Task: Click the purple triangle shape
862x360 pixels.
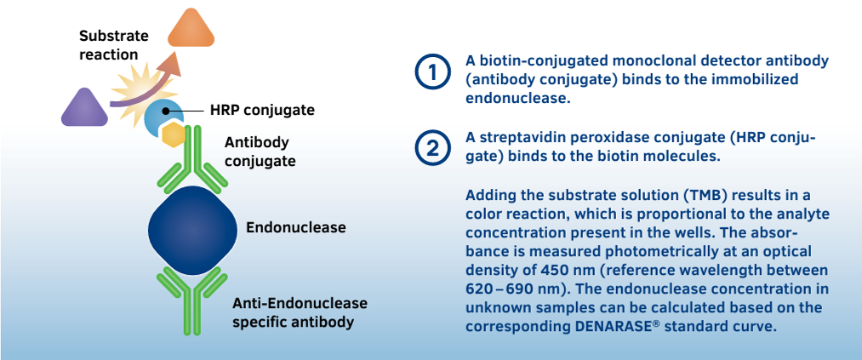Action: [x=85, y=107]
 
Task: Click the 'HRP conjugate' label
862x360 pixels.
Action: [x=262, y=110]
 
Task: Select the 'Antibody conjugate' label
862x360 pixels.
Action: [x=256, y=151]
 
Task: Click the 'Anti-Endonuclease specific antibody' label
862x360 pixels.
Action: [x=300, y=312]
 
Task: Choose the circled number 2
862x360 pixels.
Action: [x=432, y=148]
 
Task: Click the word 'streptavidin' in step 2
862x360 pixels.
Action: [x=522, y=137]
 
